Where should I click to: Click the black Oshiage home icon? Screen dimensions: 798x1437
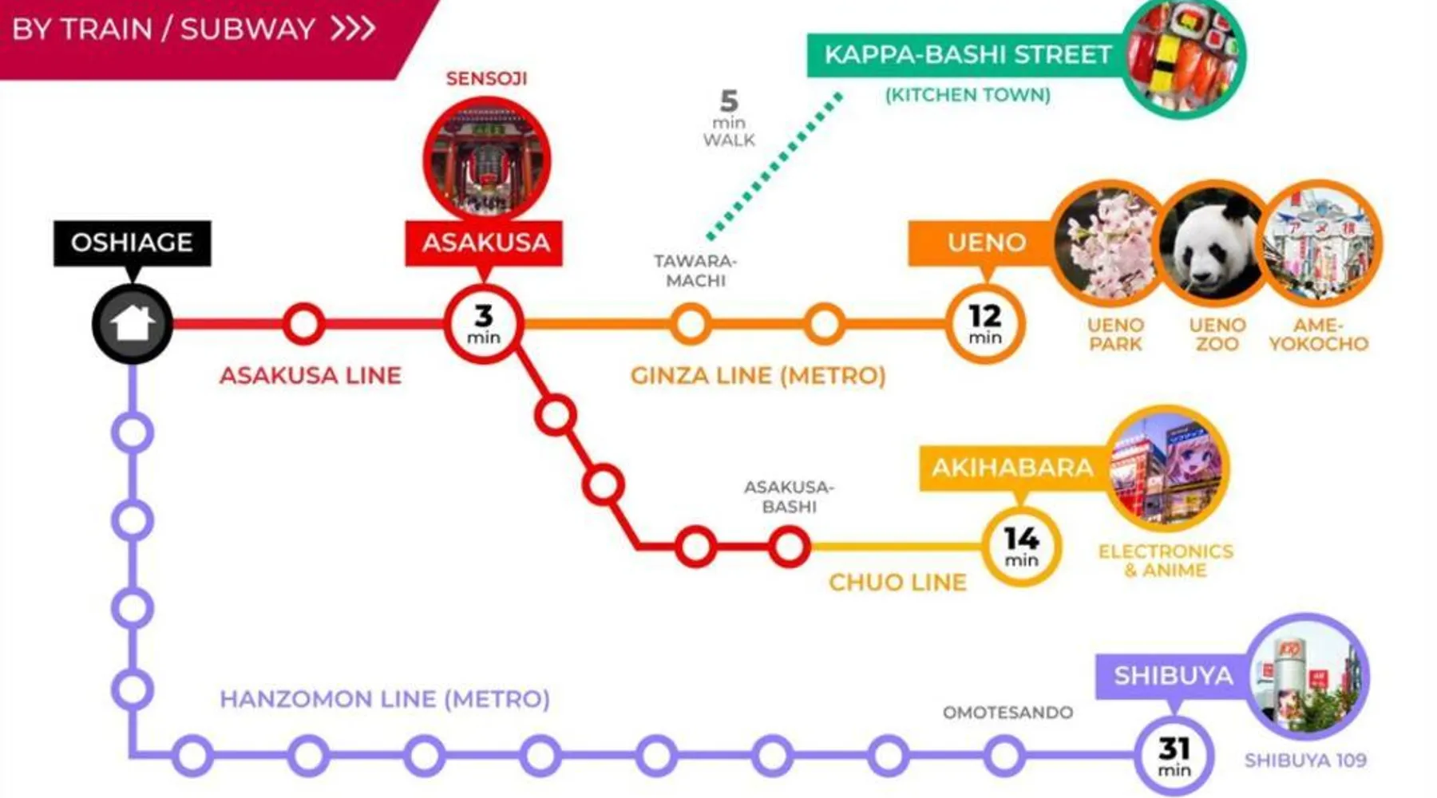click(133, 324)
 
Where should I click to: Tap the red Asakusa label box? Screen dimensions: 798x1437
click(485, 243)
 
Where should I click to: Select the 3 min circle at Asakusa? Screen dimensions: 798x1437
click(484, 324)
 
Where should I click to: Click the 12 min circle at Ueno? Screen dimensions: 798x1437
click(985, 324)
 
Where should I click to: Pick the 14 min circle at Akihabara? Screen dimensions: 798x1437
click(1021, 547)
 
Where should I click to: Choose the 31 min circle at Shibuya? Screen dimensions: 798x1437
click(1174, 756)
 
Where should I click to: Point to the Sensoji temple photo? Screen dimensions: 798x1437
click(486, 160)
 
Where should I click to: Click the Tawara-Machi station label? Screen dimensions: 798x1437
click(695, 271)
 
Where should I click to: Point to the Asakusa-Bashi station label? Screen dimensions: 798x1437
click(789, 496)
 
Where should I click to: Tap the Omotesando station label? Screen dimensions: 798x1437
click(1007, 712)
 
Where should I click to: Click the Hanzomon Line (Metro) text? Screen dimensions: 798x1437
click(385, 699)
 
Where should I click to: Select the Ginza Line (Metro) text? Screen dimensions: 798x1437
click(758, 375)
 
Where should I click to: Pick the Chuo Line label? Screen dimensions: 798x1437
click(897, 583)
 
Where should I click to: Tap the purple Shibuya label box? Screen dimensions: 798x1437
click(1172, 676)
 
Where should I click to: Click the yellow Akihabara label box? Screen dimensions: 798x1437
click(1011, 468)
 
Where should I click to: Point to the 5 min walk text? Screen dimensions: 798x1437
click(728, 120)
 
